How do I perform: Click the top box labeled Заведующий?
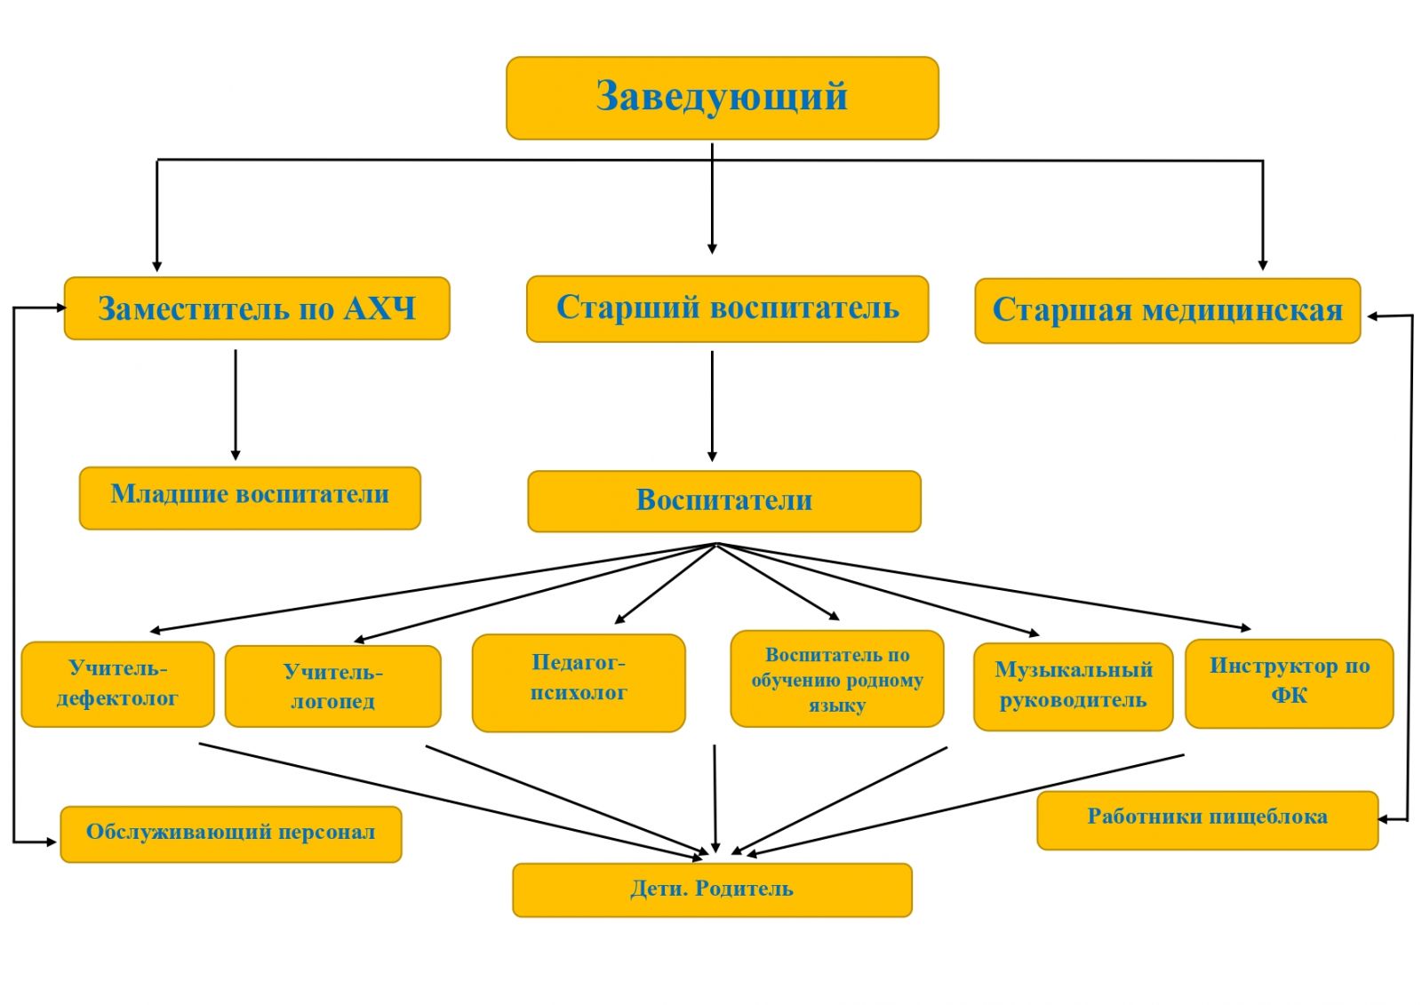pyautogui.click(x=722, y=98)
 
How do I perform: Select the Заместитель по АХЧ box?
pyautogui.click(x=256, y=308)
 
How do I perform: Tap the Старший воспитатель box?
pyautogui.click(x=727, y=308)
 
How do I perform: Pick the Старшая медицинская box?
pyautogui.click(x=1167, y=310)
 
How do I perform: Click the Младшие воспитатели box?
pyautogui.click(x=250, y=498)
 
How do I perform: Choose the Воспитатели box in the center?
pyautogui.click(x=723, y=501)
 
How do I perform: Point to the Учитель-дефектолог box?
pyautogui.click(x=117, y=684)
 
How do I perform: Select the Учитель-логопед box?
pyautogui.click(x=332, y=686)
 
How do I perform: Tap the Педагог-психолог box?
pyautogui.click(x=579, y=682)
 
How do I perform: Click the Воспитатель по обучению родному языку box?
pyautogui.click(x=836, y=679)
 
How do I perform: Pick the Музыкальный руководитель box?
pyautogui.click(x=1073, y=686)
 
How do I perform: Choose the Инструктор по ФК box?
pyautogui.click(x=1289, y=682)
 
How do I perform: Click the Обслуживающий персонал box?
pyautogui.click(x=230, y=834)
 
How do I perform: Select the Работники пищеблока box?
pyautogui.click(x=1207, y=819)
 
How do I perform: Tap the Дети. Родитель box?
pyautogui.click(x=712, y=889)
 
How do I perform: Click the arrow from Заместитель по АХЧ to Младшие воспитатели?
pyautogui.click(x=236, y=404)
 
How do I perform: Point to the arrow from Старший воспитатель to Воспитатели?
pyautogui.click(x=712, y=405)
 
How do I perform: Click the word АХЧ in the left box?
pyautogui.click(x=379, y=308)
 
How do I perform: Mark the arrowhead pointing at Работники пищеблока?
pyautogui.click(x=1384, y=819)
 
